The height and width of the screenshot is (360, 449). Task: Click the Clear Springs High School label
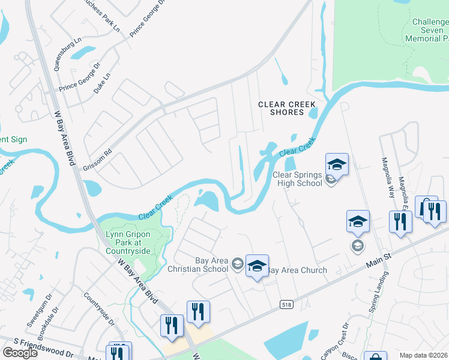[297, 179]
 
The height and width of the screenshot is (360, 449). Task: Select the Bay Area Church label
[297, 270]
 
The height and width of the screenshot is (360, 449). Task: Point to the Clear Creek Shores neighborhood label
[287, 108]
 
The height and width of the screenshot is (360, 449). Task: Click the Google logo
[20, 352]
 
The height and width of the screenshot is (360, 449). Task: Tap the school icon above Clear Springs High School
[337, 164]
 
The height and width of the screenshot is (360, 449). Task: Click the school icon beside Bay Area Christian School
[257, 265]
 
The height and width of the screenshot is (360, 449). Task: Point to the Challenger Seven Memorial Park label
[430, 30]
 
